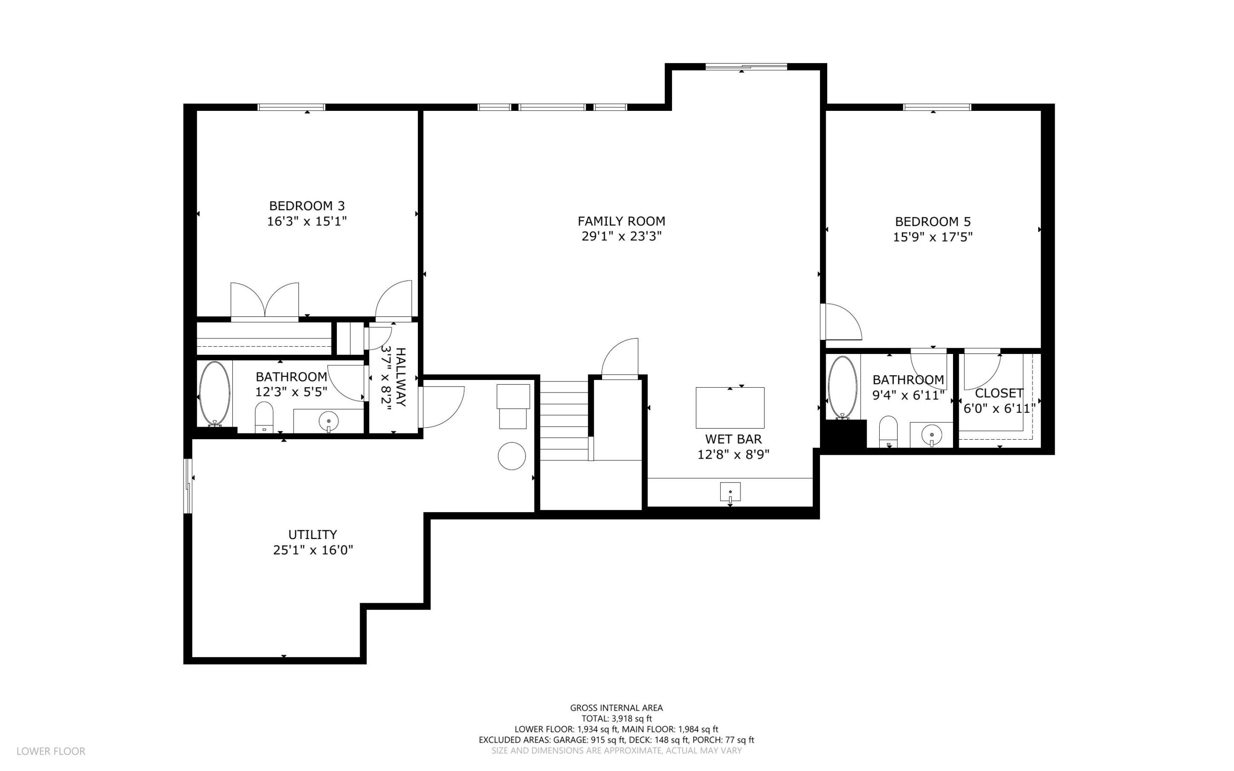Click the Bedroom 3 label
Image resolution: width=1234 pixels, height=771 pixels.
tap(307, 206)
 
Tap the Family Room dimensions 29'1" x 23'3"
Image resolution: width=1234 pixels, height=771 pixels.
tap(621, 236)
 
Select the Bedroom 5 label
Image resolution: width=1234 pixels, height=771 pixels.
tap(933, 222)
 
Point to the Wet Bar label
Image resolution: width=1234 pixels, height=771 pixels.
tap(734, 439)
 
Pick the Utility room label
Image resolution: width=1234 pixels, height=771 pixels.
tap(312, 534)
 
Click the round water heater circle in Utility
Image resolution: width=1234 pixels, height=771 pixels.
tap(512, 456)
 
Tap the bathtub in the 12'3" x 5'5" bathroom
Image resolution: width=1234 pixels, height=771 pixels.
tap(215, 393)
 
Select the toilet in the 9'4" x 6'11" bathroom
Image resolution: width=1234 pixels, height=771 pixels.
tap(888, 432)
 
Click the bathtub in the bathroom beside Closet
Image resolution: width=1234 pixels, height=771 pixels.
tap(843, 387)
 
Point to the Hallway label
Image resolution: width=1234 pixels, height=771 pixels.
tap(401, 378)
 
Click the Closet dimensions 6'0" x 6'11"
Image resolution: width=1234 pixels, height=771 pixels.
tap(1000, 408)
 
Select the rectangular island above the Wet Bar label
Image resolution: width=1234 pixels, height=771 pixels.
tap(730, 408)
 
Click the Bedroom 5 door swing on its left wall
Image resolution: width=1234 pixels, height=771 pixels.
tap(841, 322)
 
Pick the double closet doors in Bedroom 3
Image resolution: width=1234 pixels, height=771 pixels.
tap(265, 301)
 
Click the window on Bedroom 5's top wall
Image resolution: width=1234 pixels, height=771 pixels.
tap(937, 107)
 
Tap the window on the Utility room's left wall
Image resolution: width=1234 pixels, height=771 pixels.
tap(188, 486)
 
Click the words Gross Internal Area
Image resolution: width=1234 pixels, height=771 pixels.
tap(616, 708)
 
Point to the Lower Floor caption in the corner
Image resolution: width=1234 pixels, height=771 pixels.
tap(51, 751)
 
